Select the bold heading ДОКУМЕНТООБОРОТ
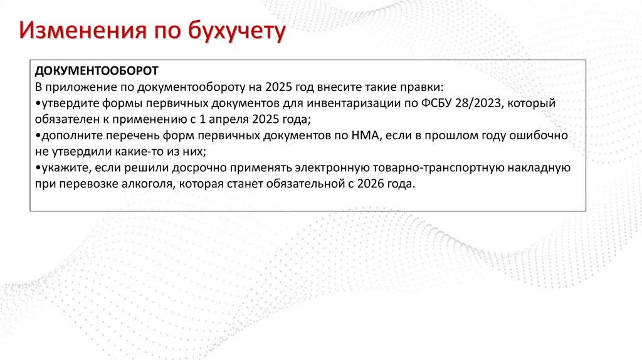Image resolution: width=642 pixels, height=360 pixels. click(97, 70)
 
